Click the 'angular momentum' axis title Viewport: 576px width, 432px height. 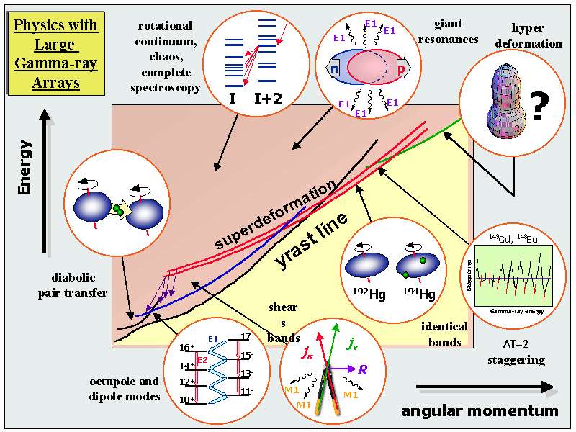(x=480, y=411)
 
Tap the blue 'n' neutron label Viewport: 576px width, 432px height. (x=334, y=69)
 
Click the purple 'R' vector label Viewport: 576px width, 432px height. (x=362, y=370)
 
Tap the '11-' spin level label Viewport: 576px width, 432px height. (x=246, y=391)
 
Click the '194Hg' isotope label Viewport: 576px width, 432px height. (x=418, y=294)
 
